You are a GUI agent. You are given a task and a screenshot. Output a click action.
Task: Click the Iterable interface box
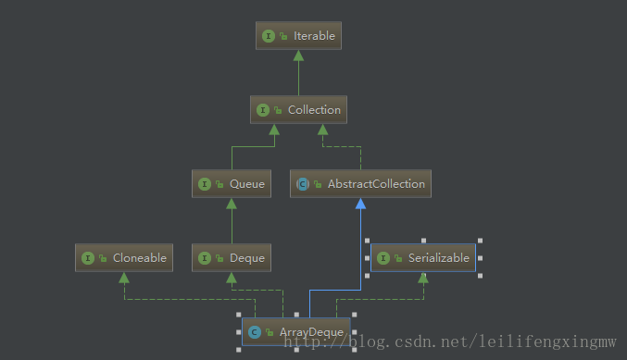(x=298, y=36)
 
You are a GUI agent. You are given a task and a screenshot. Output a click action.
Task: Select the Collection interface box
(x=298, y=110)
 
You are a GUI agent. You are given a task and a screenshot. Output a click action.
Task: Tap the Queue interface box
(x=231, y=184)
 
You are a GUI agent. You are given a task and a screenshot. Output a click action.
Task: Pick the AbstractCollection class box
(x=360, y=184)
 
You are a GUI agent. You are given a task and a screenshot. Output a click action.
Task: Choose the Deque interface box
(x=231, y=258)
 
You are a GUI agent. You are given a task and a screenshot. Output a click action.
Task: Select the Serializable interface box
(x=423, y=258)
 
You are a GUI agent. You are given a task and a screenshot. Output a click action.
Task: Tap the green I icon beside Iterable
(x=269, y=36)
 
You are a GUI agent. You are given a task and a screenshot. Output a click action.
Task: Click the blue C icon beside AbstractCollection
(x=302, y=184)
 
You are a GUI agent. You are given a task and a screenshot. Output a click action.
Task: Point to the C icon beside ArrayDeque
(x=254, y=332)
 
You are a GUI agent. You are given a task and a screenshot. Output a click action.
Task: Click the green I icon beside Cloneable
(x=87, y=258)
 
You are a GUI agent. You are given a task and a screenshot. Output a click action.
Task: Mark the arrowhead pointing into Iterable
(x=298, y=54)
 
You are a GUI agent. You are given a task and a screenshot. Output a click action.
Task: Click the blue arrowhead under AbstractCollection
(x=360, y=203)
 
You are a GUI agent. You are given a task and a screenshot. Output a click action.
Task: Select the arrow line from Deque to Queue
(x=231, y=221)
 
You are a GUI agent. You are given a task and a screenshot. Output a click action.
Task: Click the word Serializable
(x=439, y=258)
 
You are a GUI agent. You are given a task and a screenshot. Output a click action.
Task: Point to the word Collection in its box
(x=314, y=110)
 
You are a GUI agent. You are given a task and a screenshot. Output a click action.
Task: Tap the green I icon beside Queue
(x=204, y=184)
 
